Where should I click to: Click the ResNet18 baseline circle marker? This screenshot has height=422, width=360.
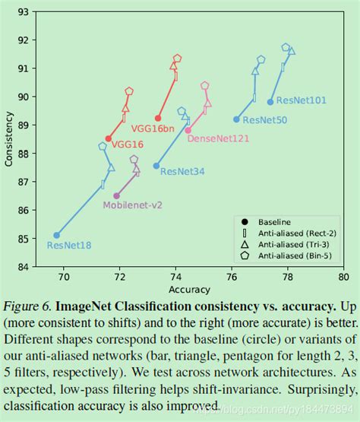click(x=57, y=235)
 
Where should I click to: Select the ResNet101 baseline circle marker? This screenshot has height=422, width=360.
click(x=270, y=102)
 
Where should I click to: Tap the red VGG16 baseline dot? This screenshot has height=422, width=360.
click(x=109, y=138)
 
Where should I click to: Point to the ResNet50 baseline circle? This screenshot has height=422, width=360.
click(x=236, y=119)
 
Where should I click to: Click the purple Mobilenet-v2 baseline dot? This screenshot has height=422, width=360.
click(x=116, y=195)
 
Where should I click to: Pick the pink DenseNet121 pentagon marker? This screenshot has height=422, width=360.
click(x=205, y=86)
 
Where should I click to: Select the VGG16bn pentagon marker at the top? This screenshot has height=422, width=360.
click(x=177, y=59)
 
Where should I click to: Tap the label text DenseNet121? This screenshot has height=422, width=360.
click(x=217, y=138)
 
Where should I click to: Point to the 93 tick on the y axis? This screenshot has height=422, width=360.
click(x=24, y=12)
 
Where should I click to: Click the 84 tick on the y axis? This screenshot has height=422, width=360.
click(x=24, y=267)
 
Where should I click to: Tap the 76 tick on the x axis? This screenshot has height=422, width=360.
click(x=232, y=278)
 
